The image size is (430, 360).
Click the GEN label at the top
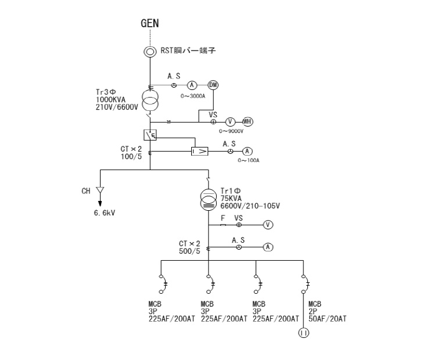pyautogui.click(x=150, y=23)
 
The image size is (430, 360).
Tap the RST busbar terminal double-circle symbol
pyautogui.click(x=150, y=52)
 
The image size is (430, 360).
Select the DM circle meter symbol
pyautogui.click(x=213, y=85)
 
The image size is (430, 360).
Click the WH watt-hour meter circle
pyautogui.click(x=248, y=121)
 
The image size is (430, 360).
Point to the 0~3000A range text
pyautogui.click(x=193, y=96)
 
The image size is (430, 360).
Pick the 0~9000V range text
pyautogui.click(x=231, y=131)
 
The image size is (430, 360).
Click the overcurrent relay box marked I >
pyautogui.click(x=200, y=151)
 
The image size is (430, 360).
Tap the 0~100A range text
pyautogui.click(x=249, y=160)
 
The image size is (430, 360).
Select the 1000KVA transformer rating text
pyautogui.click(x=110, y=99)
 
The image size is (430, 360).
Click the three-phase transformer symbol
pyautogui.click(x=150, y=101)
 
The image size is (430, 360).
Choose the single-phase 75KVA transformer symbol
pyautogui.click(x=209, y=200)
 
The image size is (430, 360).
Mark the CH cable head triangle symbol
pyautogui.click(x=100, y=190)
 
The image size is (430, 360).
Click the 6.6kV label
pyautogui.click(x=105, y=213)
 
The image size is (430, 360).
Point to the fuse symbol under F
pyautogui.click(x=223, y=225)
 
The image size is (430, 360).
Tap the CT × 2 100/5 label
pyautogui.click(x=131, y=153)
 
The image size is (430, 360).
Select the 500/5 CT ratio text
pyautogui.click(x=189, y=251)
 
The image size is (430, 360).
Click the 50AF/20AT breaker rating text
pyautogui.click(x=327, y=319)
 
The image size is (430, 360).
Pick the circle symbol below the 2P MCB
pyautogui.click(x=303, y=333)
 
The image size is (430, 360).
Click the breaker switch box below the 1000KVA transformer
pyautogui.click(x=150, y=135)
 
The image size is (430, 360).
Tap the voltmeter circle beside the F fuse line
pyautogui.click(x=268, y=225)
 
